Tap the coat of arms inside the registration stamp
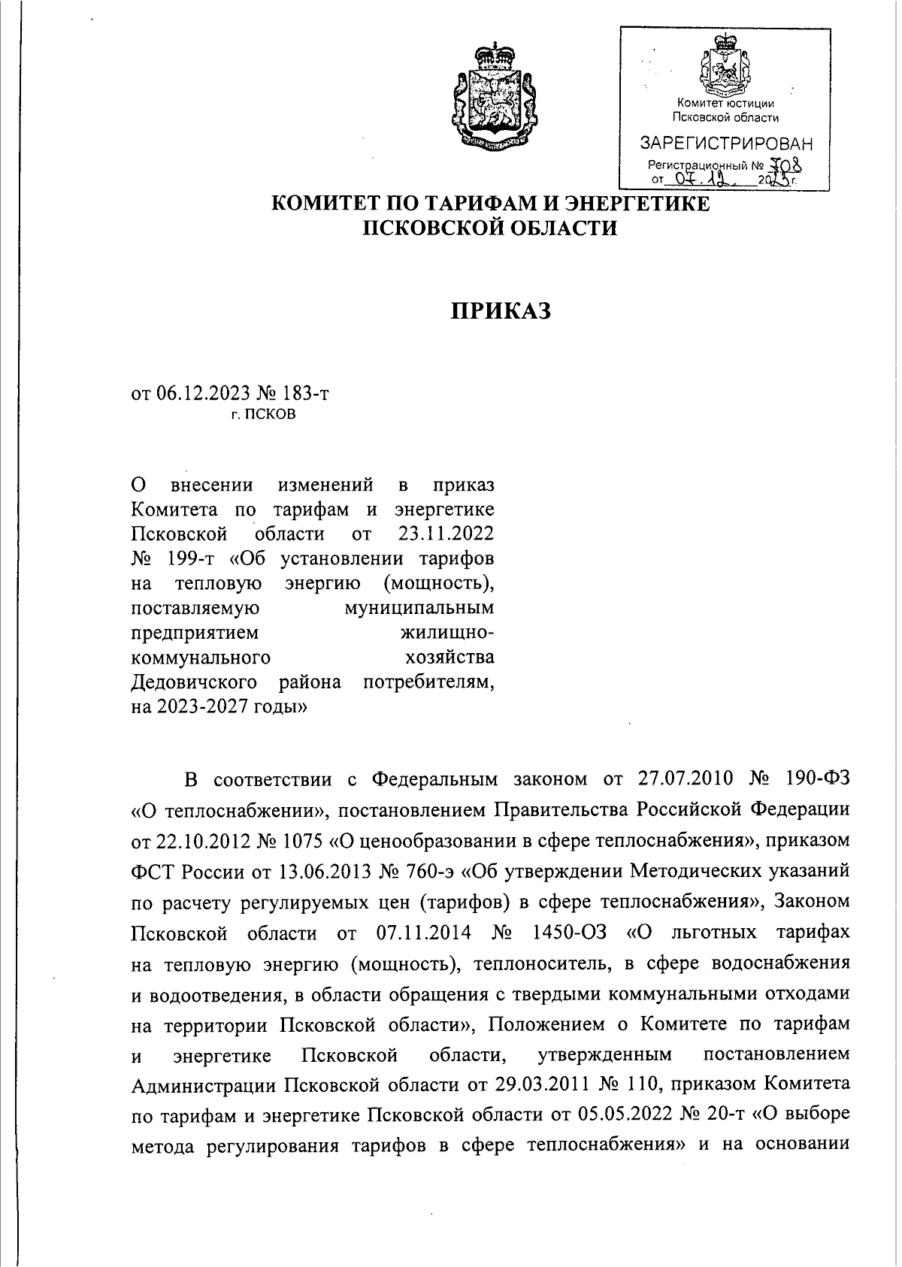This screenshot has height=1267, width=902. point(725,66)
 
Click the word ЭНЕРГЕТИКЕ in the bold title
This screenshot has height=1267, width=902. point(636,204)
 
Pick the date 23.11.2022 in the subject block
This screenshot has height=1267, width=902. point(443,534)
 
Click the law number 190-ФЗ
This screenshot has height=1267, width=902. point(813,779)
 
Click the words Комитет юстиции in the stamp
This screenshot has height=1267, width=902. point(725,103)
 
